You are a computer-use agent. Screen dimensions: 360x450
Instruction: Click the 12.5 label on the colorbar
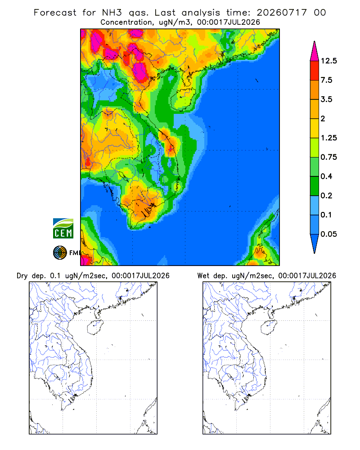(328, 61)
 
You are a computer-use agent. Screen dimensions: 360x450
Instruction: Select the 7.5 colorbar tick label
(326, 80)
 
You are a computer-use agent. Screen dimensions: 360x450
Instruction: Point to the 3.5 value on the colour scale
(326, 99)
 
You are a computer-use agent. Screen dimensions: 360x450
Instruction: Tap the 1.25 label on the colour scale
(328, 138)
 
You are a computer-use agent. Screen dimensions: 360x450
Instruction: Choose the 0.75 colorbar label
(328, 157)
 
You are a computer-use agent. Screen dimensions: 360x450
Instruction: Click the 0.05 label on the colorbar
(328, 234)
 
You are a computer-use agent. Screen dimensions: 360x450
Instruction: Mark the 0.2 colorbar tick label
(326, 195)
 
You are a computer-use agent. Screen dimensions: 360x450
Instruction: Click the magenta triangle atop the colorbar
(315, 52)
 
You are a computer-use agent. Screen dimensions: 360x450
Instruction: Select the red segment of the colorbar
(315, 71)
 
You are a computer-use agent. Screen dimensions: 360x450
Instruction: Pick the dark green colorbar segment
(315, 186)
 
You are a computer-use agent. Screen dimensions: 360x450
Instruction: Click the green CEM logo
(63, 229)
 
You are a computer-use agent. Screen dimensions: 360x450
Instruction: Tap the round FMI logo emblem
(60, 253)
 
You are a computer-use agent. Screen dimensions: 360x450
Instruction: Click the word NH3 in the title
(112, 13)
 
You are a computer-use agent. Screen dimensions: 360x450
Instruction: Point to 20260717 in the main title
(282, 13)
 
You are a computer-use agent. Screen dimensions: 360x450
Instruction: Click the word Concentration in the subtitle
(126, 22)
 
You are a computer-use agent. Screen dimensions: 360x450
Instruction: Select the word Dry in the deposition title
(22, 276)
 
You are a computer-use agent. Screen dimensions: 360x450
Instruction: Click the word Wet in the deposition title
(203, 276)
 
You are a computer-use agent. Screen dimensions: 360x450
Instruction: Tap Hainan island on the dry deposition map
(95, 327)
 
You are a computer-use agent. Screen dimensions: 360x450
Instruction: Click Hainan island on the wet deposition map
(269, 327)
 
